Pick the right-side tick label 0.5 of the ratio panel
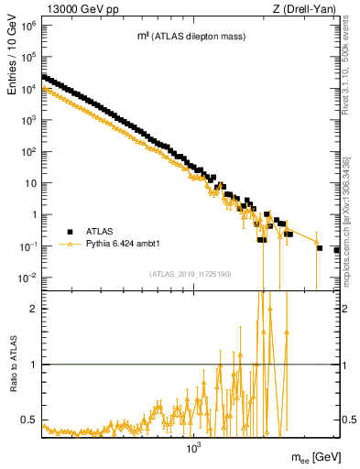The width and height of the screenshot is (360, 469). pos(348,420)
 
